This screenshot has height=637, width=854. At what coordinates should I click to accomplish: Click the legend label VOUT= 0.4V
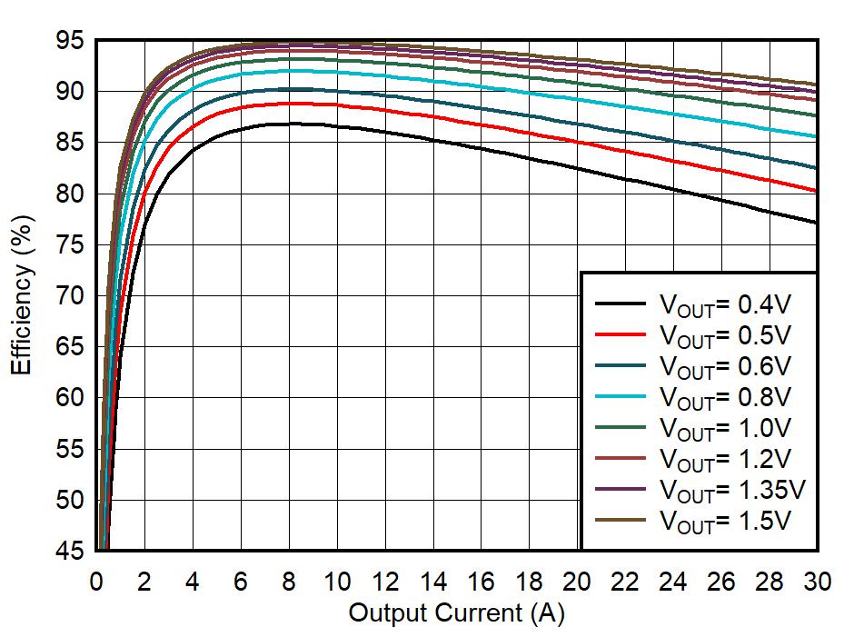pyautogui.click(x=725, y=305)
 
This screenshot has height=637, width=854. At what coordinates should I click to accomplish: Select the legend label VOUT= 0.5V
pyautogui.click(x=725, y=336)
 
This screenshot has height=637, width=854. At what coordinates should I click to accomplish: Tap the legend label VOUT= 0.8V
pyautogui.click(x=725, y=397)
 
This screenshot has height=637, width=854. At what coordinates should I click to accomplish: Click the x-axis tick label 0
pyautogui.click(x=96, y=582)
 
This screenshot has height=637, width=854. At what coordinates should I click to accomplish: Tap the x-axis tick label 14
pyautogui.click(x=433, y=582)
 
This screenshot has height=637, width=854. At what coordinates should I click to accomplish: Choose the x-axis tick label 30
pyautogui.click(x=817, y=582)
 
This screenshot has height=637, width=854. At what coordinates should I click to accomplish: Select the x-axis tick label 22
pyautogui.click(x=625, y=582)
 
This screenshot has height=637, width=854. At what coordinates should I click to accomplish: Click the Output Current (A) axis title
pyautogui.click(x=456, y=613)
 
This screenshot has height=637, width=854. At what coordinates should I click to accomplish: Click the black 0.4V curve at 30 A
pyautogui.click(x=816, y=222)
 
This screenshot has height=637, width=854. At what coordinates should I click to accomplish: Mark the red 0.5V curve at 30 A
pyautogui.click(x=816, y=191)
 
